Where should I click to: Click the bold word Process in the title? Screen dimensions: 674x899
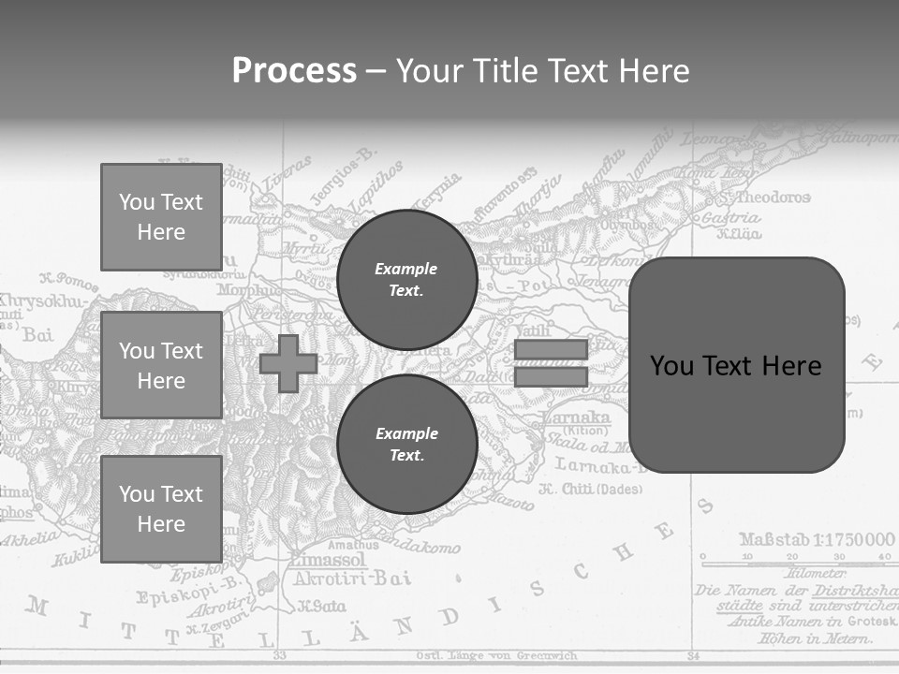tap(294, 70)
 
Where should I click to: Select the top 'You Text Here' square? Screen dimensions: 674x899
tap(161, 217)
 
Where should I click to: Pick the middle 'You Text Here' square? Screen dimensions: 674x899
tap(161, 365)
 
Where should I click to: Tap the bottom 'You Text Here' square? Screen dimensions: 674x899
tap(161, 509)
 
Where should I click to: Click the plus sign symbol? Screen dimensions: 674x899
tap(288, 363)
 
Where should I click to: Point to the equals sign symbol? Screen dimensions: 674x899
tap(551, 363)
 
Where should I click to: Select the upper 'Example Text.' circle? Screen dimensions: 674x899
tap(406, 280)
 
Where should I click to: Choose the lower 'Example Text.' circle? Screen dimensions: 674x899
tap(406, 445)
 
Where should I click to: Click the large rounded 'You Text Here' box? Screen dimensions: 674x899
tap(736, 365)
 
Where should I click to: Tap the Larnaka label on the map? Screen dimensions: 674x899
tap(575, 418)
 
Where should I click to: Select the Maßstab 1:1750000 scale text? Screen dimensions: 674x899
tap(817, 539)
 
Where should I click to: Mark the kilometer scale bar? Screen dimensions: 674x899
tap(794, 564)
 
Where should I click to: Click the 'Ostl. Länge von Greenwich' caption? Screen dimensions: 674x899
tap(496, 655)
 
